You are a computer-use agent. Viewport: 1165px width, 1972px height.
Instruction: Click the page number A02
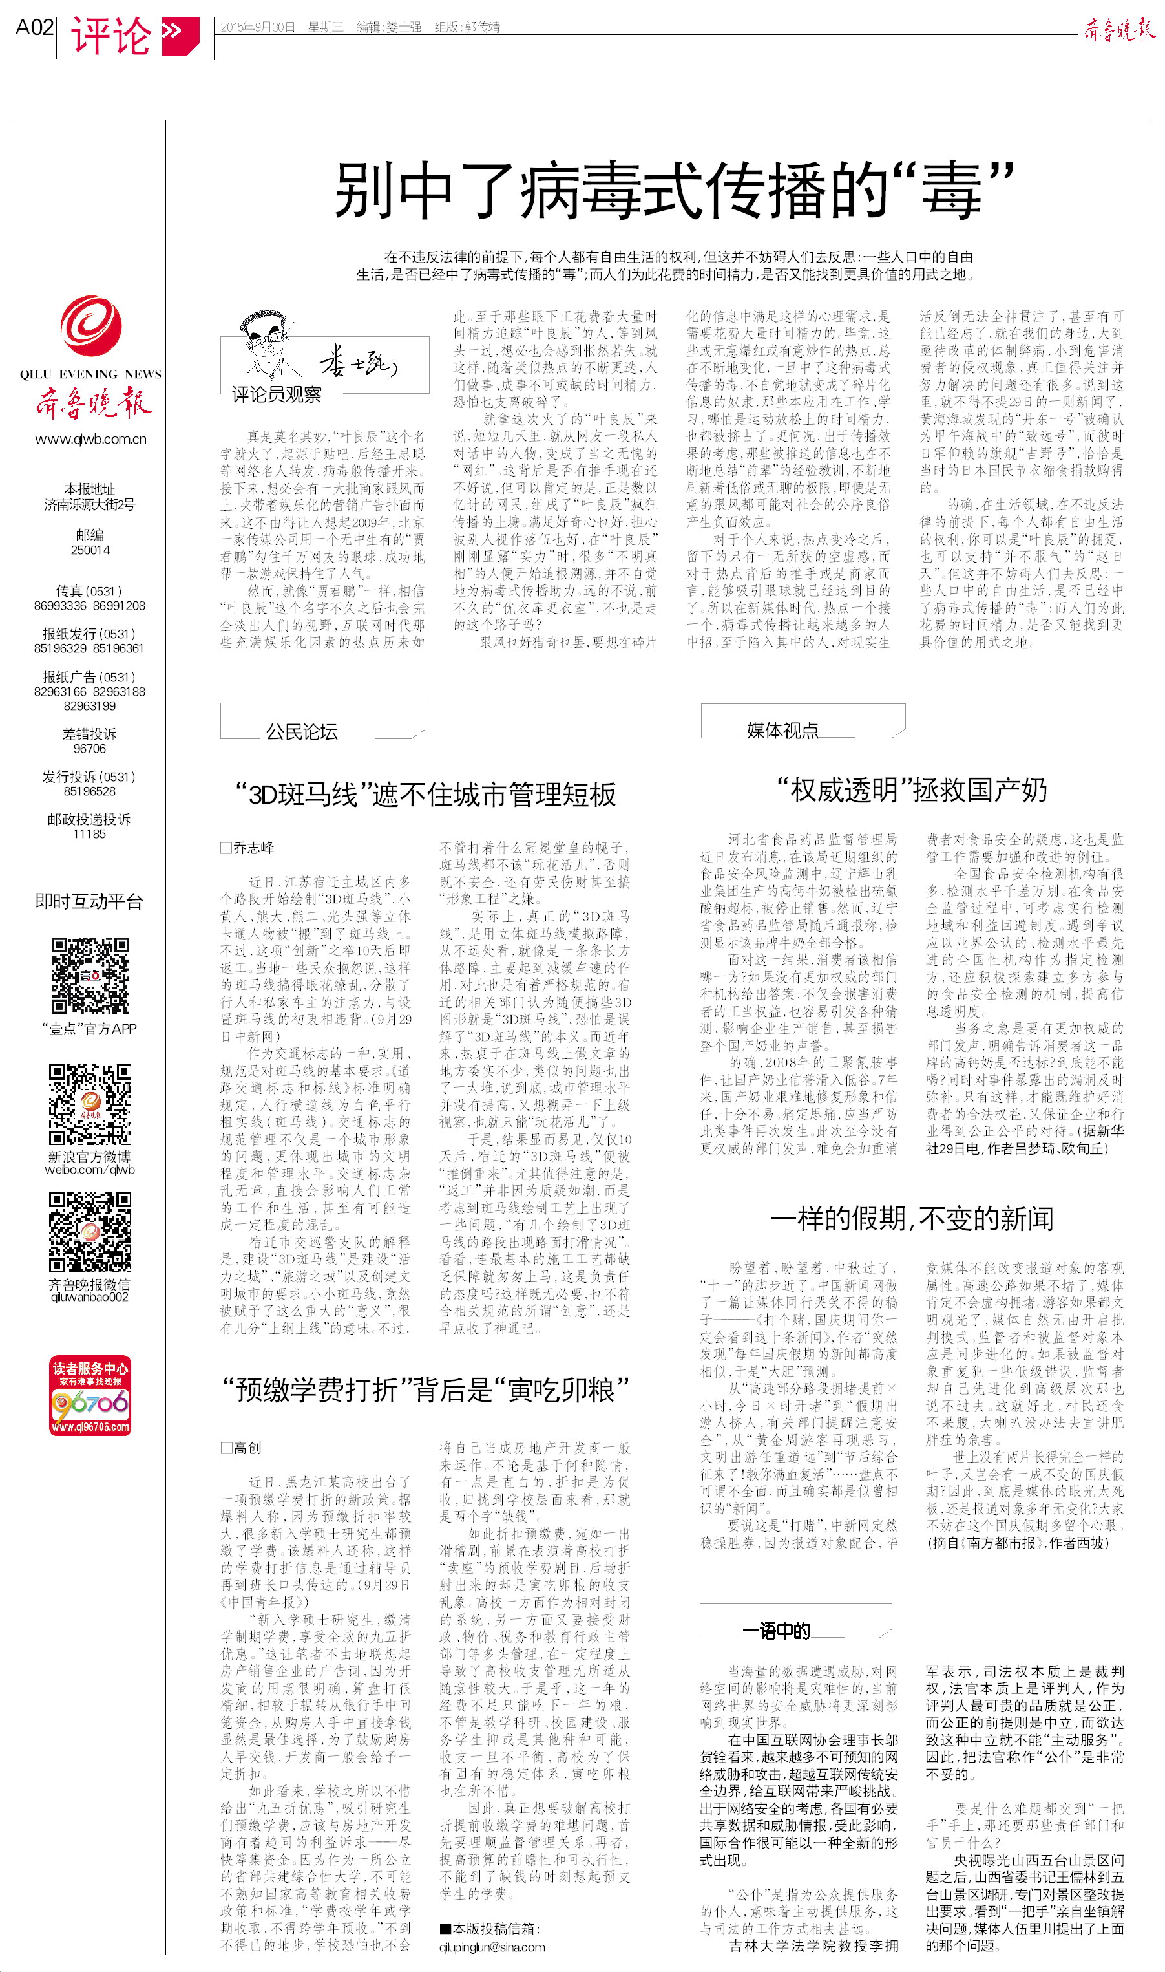tap(34, 28)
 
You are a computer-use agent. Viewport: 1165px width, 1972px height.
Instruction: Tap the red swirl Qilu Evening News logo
tap(90, 325)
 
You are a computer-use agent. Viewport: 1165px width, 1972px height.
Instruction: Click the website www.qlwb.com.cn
tap(90, 439)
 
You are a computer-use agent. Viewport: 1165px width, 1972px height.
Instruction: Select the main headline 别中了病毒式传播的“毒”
tap(673, 190)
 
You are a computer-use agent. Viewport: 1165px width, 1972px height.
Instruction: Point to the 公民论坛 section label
tap(302, 731)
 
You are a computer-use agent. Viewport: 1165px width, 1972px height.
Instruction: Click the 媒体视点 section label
tap(782, 729)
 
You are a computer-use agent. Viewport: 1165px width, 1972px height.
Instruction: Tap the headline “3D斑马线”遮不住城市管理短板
tap(426, 795)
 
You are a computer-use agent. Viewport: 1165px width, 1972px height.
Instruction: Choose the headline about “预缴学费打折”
tap(425, 1390)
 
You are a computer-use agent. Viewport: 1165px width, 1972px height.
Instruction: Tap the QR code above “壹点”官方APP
tap(90, 976)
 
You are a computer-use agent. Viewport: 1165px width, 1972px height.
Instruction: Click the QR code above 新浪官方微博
tap(90, 1104)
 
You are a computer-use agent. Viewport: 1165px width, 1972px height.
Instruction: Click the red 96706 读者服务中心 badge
tap(90, 1395)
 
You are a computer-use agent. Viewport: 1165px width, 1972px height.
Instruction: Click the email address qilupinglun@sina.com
tap(492, 1947)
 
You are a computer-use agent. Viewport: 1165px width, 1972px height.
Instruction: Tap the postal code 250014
tap(90, 550)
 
